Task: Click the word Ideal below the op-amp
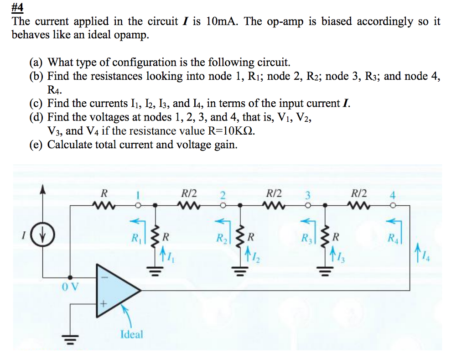point(131,334)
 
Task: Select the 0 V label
point(69,287)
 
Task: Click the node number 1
point(135,195)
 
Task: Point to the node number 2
point(222,195)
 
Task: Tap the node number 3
point(308,195)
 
